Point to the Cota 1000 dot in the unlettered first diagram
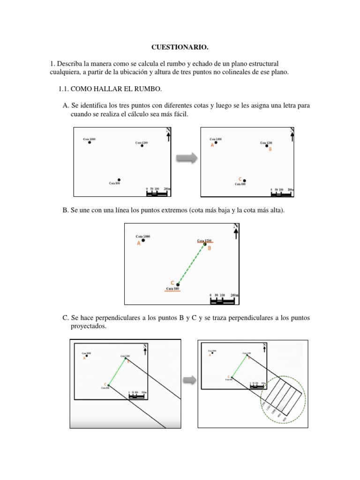(x=90, y=142)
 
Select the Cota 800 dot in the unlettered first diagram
(x=119, y=180)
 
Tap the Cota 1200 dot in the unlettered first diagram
(x=142, y=145)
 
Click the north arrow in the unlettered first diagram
(x=168, y=135)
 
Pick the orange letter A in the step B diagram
(x=139, y=244)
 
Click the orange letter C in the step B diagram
(x=172, y=282)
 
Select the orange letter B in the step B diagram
(x=209, y=248)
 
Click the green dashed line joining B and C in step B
(x=191, y=263)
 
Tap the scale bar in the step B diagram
(x=222, y=300)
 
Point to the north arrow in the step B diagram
(x=236, y=231)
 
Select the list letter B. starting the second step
(x=66, y=211)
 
